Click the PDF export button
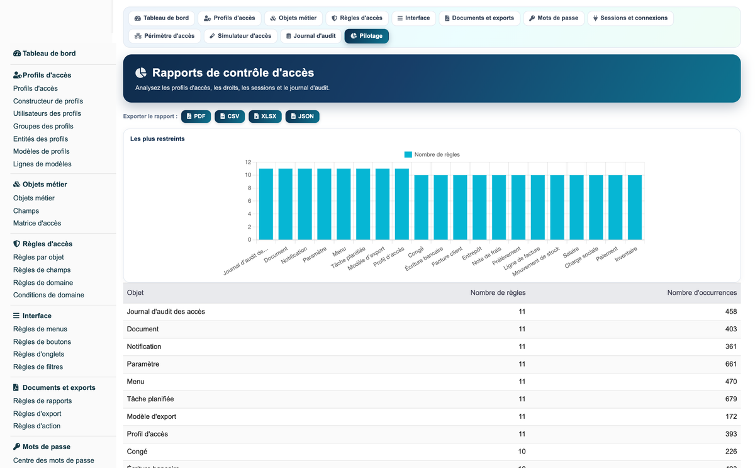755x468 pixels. pyautogui.click(x=196, y=117)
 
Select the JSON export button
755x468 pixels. pyautogui.click(x=303, y=117)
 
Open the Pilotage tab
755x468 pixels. pyautogui.click(x=366, y=36)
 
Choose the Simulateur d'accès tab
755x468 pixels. pyautogui.click(x=240, y=36)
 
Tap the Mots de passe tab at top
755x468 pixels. pyautogui.click(x=554, y=18)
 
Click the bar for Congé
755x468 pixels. pyautogui.click(x=421, y=207)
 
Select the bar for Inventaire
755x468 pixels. pyautogui.click(x=635, y=207)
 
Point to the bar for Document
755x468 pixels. pyautogui.click(x=286, y=204)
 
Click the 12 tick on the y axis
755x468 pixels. pyautogui.click(x=248, y=163)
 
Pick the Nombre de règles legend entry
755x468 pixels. pyautogui.click(x=432, y=154)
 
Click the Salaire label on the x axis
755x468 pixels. pyautogui.click(x=571, y=253)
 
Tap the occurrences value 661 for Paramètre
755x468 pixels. pyautogui.click(x=730, y=364)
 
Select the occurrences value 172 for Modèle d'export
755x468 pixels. pyautogui.click(x=730, y=417)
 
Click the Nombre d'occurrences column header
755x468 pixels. pyautogui.click(x=702, y=293)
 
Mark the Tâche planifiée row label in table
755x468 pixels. pyautogui.click(x=150, y=399)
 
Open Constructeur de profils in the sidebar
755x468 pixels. pyautogui.click(x=48, y=101)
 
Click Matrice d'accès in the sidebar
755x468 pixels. pyautogui.click(x=37, y=223)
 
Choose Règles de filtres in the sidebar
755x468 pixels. pyautogui.click(x=38, y=367)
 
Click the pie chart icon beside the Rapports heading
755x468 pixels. pyautogui.click(x=141, y=73)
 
